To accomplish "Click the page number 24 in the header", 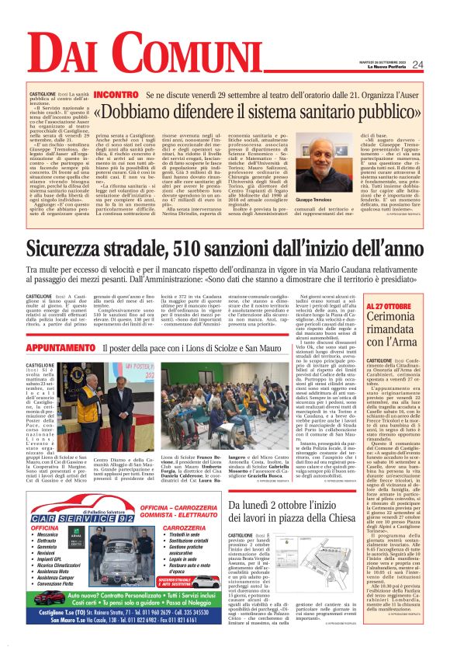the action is tap(417, 64).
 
